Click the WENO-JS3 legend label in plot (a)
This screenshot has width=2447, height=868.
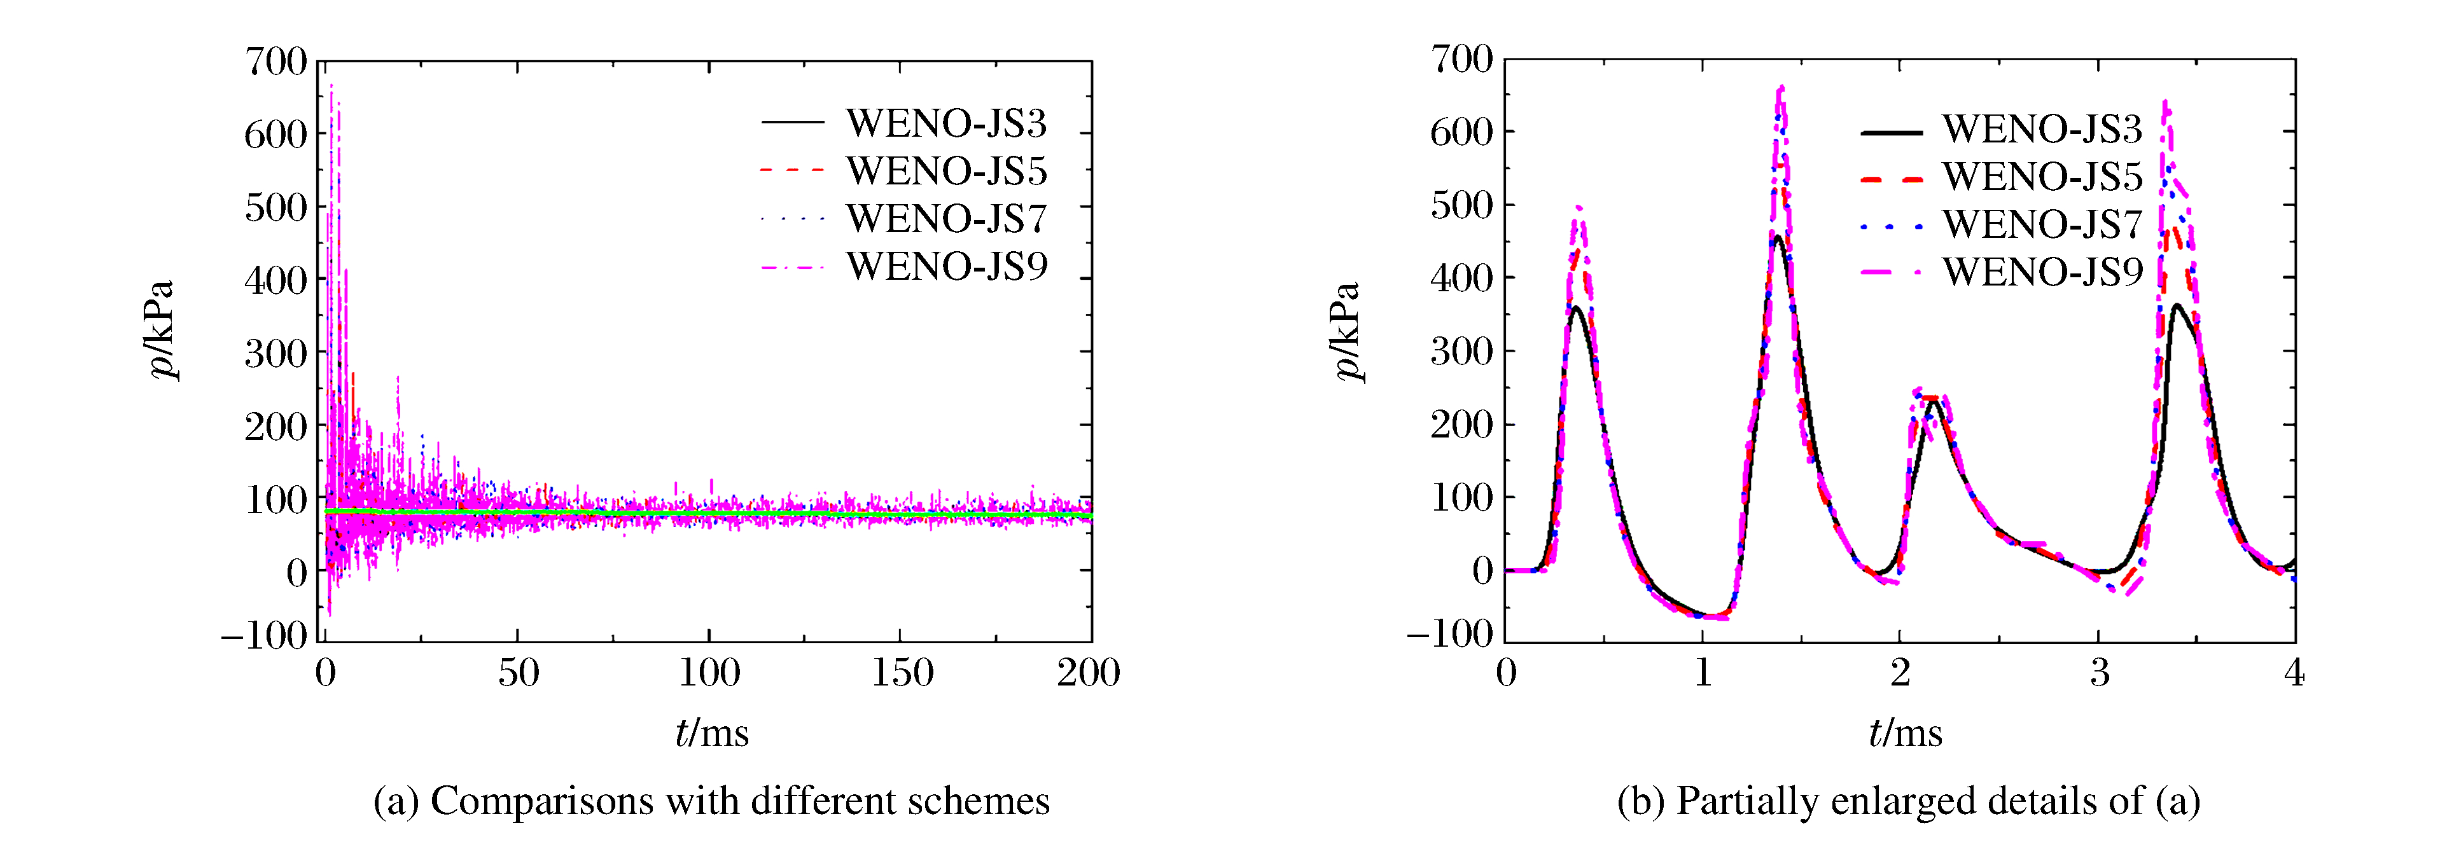pyautogui.click(x=946, y=123)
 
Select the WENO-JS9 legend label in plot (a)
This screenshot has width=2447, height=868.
pyautogui.click(x=946, y=267)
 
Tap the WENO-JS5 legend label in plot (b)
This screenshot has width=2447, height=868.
pyautogui.click(x=2042, y=177)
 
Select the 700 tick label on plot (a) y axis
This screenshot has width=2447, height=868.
pyautogui.click(x=276, y=62)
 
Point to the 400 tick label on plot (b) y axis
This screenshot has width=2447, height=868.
pyautogui.click(x=1462, y=279)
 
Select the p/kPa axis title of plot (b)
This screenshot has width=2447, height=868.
pyautogui.click(x=1347, y=331)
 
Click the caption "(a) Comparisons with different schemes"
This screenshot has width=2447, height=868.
pyautogui.click(x=711, y=801)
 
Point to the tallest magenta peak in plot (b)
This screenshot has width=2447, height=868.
pyautogui.click(x=1781, y=88)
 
